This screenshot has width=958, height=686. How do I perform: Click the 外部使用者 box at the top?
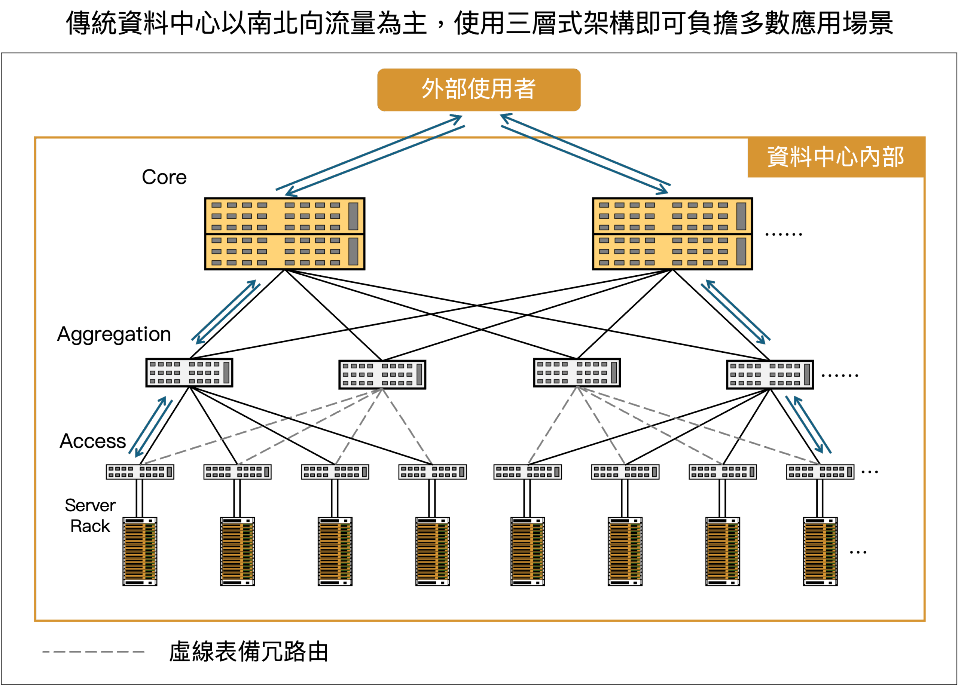(x=479, y=89)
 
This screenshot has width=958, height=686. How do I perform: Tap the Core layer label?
(x=164, y=177)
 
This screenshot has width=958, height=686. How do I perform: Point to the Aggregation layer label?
(x=114, y=334)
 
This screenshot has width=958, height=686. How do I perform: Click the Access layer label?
(x=92, y=441)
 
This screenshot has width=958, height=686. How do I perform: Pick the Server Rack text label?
(x=90, y=515)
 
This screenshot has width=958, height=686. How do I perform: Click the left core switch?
(x=285, y=233)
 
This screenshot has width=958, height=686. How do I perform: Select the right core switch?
(x=672, y=233)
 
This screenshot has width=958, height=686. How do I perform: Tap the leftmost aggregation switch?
(x=189, y=373)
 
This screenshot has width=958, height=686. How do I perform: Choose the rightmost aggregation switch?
(x=770, y=374)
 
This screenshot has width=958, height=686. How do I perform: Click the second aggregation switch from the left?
(x=382, y=374)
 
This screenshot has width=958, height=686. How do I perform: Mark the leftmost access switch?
(x=140, y=472)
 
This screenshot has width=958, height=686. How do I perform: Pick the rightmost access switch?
(x=820, y=472)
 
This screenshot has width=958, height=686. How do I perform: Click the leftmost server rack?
(x=140, y=551)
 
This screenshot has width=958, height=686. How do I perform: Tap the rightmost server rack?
(x=820, y=551)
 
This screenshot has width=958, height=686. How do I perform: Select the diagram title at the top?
(x=479, y=23)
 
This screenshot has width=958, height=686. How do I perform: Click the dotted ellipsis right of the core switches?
(x=784, y=234)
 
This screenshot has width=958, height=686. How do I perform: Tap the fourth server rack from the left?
(x=433, y=551)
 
